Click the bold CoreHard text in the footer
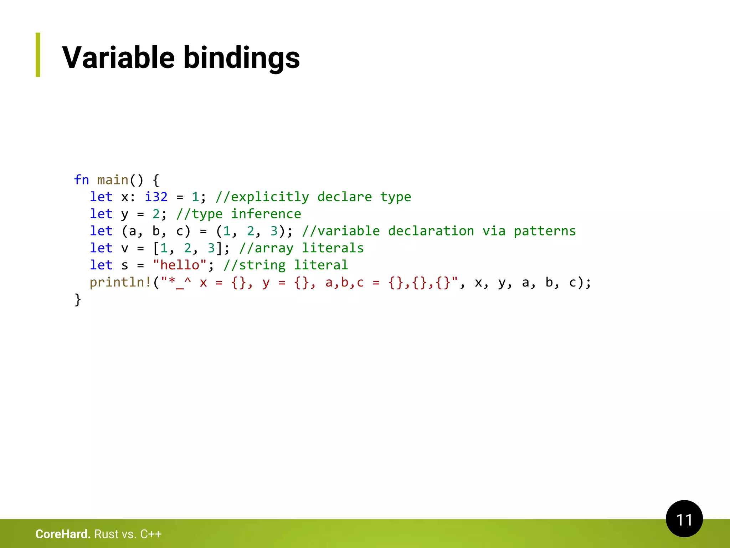tap(63, 534)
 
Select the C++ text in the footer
tap(151, 534)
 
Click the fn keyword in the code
tap(81, 180)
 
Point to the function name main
tap(113, 180)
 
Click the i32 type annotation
tap(156, 197)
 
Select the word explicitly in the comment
tap(270, 197)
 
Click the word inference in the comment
tap(266, 214)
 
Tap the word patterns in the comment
tap(544, 231)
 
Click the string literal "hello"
tap(180, 265)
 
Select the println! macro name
tap(120, 282)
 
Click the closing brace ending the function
tap(78, 299)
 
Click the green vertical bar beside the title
tap(38, 55)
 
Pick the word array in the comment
tap(274, 248)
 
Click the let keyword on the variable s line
tap(101, 265)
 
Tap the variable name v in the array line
tap(124, 248)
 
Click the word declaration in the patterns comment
tap(431, 231)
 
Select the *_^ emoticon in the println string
tap(180, 282)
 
